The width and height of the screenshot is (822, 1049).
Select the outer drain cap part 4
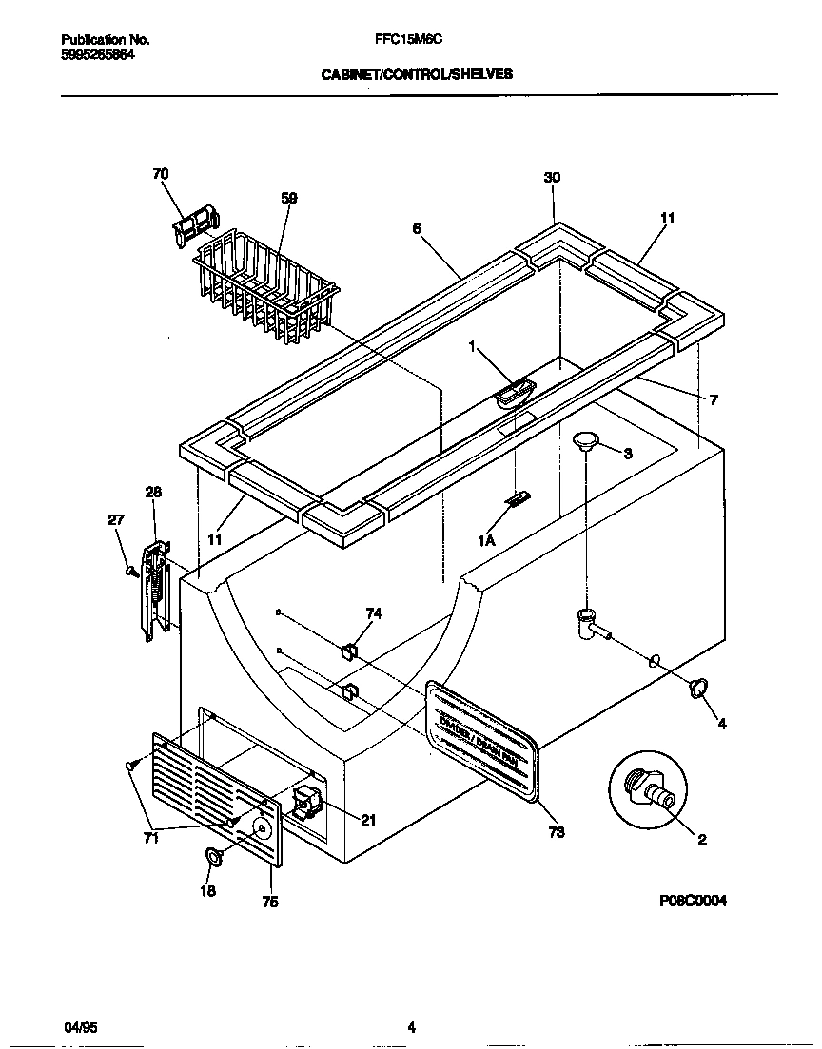click(699, 687)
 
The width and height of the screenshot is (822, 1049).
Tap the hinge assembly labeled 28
click(153, 590)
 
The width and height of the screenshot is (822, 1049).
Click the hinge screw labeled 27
click(130, 570)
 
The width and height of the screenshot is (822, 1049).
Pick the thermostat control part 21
click(306, 805)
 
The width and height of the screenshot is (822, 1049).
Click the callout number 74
click(374, 614)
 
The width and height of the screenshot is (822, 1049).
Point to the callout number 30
click(552, 178)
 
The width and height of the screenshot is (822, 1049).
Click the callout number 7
click(713, 400)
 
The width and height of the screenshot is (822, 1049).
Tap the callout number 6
click(416, 228)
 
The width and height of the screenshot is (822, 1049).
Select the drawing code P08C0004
click(691, 901)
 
